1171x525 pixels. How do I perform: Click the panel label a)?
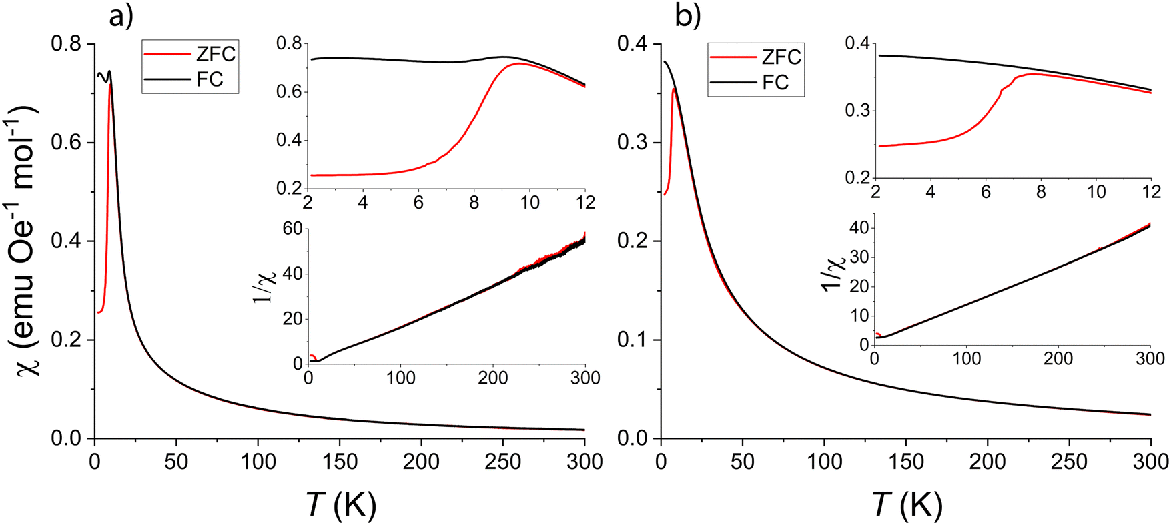(121, 16)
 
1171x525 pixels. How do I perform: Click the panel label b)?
(688, 16)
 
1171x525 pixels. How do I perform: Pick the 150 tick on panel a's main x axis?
(340, 462)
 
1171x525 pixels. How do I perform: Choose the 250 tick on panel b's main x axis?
(1069, 462)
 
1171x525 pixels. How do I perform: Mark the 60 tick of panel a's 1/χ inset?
(293, 229)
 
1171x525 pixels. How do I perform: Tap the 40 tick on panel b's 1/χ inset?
(859, 228)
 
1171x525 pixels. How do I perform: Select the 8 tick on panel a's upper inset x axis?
(474, 202)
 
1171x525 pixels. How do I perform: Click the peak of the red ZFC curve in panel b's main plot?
(674, 88)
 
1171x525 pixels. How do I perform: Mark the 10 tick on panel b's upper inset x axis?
(1096, 192)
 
